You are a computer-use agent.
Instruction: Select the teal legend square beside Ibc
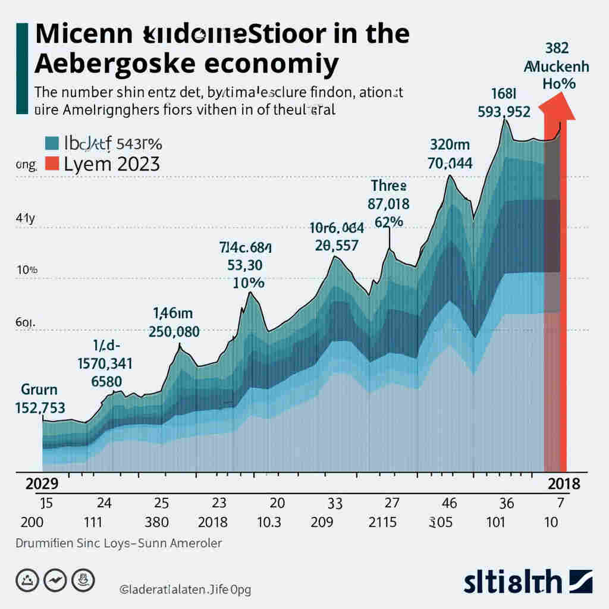[52, 143]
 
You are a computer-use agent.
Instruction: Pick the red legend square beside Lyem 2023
[52, 164]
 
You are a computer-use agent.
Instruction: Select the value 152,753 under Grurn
[39, 408]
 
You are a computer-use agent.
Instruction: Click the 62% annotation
[390, 222]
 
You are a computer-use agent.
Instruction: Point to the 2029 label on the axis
[42, 483]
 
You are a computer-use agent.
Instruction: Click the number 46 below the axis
[450, 503]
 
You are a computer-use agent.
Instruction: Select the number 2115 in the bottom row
[383, 523]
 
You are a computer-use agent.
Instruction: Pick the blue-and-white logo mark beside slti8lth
[581, 580]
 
